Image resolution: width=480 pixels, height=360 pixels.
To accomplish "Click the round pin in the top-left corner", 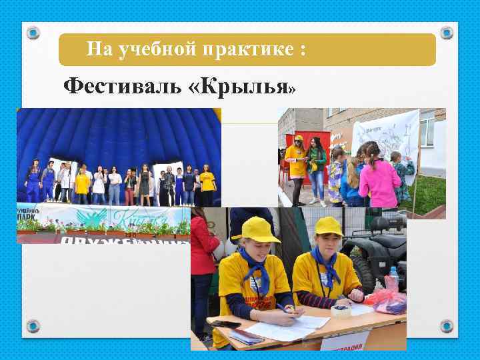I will (34, 32).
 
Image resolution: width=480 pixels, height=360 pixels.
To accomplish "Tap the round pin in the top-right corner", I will (447, 32).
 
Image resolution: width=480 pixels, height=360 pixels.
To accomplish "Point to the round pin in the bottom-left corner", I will (34, 326).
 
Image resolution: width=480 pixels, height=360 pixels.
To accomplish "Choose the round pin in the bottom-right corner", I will (447, 326).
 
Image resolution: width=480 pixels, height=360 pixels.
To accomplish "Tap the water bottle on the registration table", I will (393, 280).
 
